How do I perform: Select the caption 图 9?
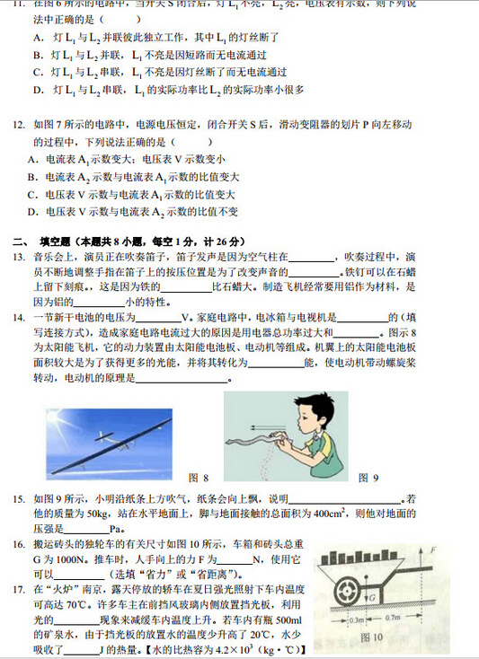tap(368, 477)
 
